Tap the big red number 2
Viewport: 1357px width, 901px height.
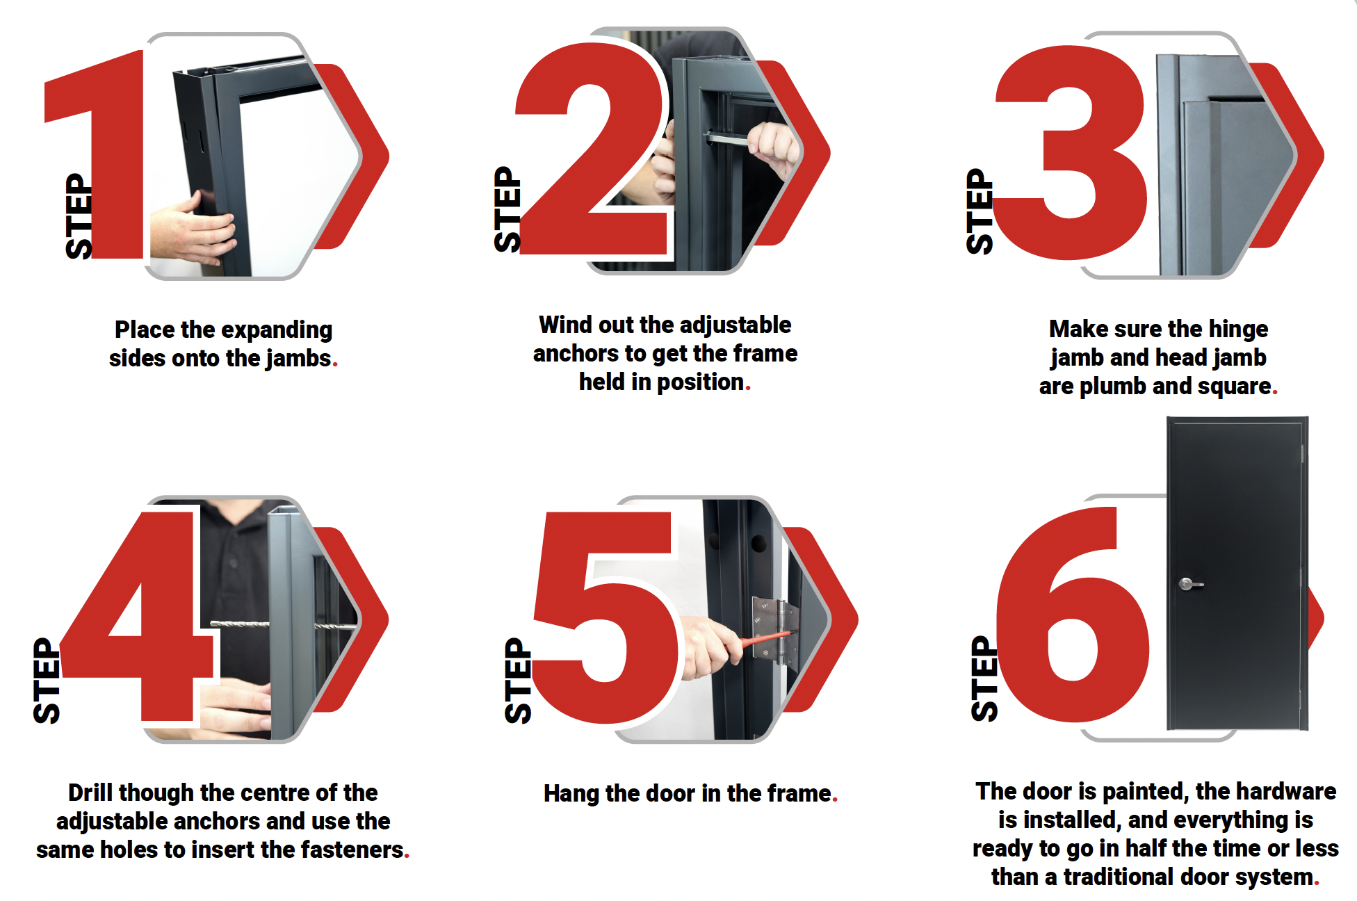[x=591, y=149]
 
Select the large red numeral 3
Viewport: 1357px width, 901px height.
[x=1071, y=153]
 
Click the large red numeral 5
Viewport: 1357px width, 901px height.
[x=605, y=619]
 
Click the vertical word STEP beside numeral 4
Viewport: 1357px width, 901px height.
[x=47, y=681]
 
